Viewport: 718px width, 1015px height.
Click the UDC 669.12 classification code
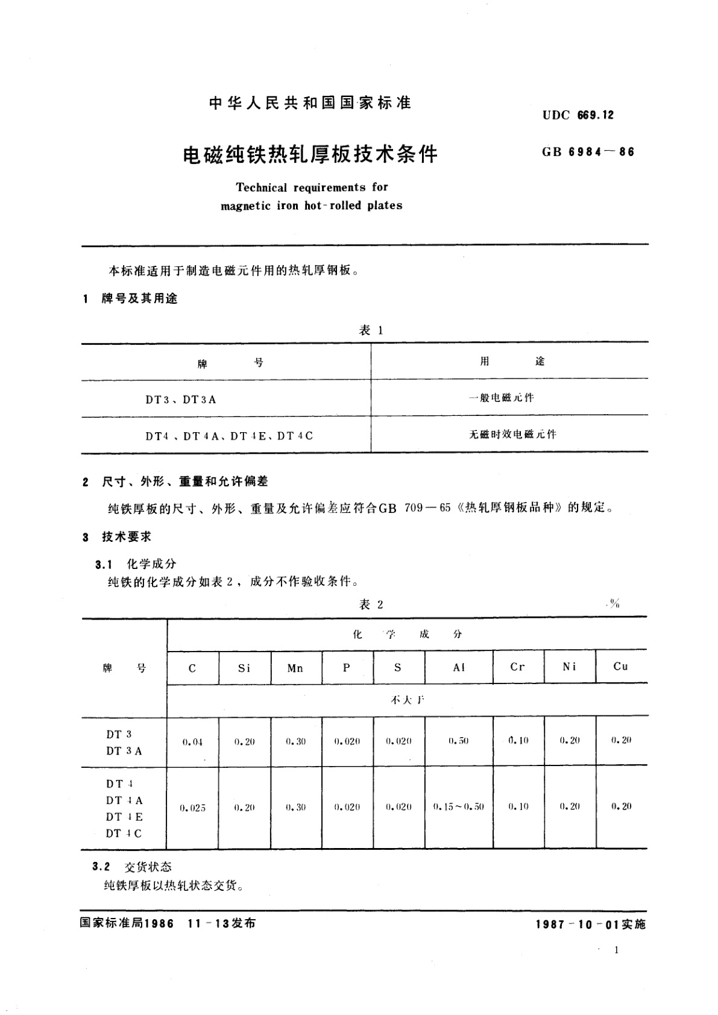[578, 115]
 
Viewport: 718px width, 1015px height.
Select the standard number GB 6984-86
[588, 152]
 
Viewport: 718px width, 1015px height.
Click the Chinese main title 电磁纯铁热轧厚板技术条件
[310, 155]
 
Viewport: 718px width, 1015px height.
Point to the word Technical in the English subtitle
[262, 187]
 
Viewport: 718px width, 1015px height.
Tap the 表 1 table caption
[371, 330]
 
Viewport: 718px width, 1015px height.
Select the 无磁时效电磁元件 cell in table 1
[512, 434]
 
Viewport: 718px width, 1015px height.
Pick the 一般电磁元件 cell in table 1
[502, 398]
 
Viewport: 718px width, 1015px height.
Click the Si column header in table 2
[244, 668]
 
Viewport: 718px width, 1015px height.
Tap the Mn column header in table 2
[295, 668]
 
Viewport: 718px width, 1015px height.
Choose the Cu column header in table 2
[621, 666]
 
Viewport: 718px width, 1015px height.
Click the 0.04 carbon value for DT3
[192, 742]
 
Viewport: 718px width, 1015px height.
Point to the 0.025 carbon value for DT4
[192, 808]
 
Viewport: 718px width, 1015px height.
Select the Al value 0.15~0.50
[459, 806]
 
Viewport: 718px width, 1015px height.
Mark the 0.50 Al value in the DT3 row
[459, 741]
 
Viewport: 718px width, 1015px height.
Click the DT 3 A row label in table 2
[124, 751]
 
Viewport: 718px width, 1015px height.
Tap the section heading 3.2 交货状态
[133, 867]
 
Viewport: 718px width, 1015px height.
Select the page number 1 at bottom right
[616, 951]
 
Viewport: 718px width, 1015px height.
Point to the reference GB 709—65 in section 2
[415, 507]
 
